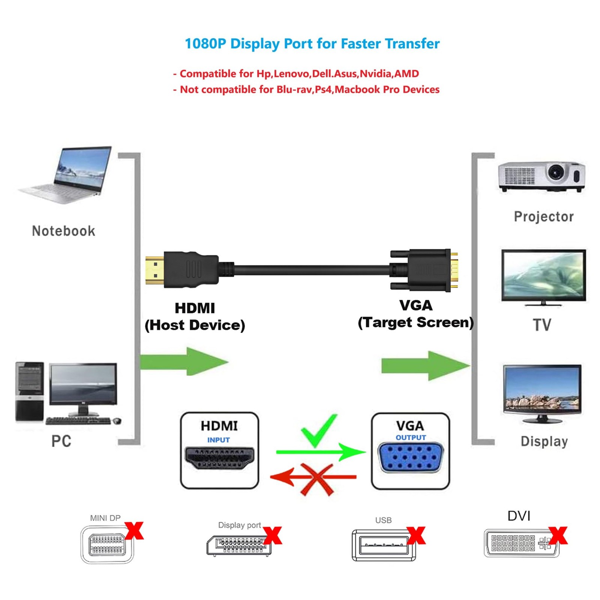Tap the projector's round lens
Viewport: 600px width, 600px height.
[x=555, y=172]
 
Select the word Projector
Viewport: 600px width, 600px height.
[x=543, y=216]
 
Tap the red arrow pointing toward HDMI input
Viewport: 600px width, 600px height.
[x=285, y=477]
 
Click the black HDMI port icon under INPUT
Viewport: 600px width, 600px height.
[x=219, y=458]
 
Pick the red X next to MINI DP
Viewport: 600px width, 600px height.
[x=134, y=530]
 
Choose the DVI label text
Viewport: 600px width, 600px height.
[x=519, y=516]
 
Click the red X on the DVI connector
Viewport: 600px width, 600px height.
[x=558, y=535]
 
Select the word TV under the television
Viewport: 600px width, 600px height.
[x=542, y=325]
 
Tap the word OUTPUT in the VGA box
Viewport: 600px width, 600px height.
[x=411, y=438]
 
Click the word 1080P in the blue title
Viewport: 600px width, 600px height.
[x=205, y=44]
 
